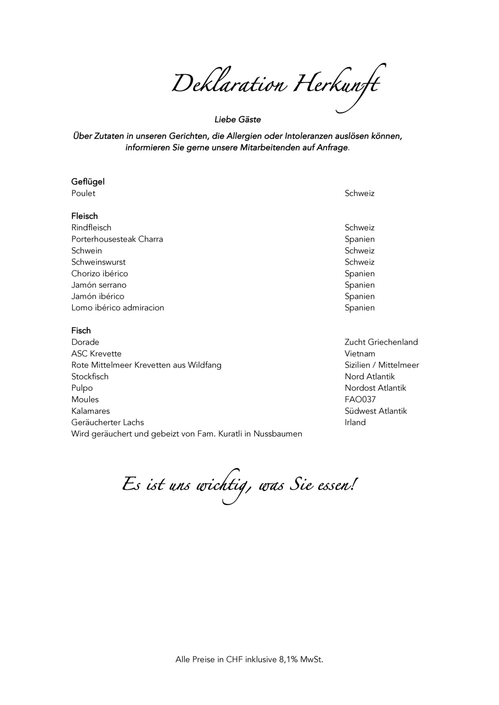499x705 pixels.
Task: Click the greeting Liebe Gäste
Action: pyautogui.click(x=237, y=120)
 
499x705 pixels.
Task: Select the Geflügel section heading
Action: pyautogui.click(x=88, y=182)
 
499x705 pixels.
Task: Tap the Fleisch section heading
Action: pyautogui.click(x=84, y=216)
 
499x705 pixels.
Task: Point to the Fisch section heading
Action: pyautogui.click(x=81, y=330)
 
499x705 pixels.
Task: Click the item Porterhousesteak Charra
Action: pyautogui.click(x=117, y=239)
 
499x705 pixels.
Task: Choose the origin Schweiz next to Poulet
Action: pyautogui.click(x=359, y=193)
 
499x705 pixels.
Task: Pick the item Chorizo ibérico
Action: pyautogui.click(x=99, y=273)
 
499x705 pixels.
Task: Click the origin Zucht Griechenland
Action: pyautogui.click(x=381, y=342)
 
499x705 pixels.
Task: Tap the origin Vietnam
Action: pyautogui.click(x=360, y=354)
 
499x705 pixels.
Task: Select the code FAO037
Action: pyautogui.click(x=360, y=400)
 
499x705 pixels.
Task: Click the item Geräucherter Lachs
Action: pyautogui.click(x=108, y=422)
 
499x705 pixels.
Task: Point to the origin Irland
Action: pyautogui.click(x=355, y=422)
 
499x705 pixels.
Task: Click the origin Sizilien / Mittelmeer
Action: pyautogui.click(x=382, y=365)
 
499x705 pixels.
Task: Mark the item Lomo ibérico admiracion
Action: pyautogui.click(x=117, y=307)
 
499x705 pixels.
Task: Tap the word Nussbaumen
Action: pyautogui.click(x=277, y=434)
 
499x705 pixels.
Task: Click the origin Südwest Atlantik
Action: pyautogui.click(x=376, y=411)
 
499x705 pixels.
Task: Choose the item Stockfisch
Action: pyautogui.click(x=90, y=376)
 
